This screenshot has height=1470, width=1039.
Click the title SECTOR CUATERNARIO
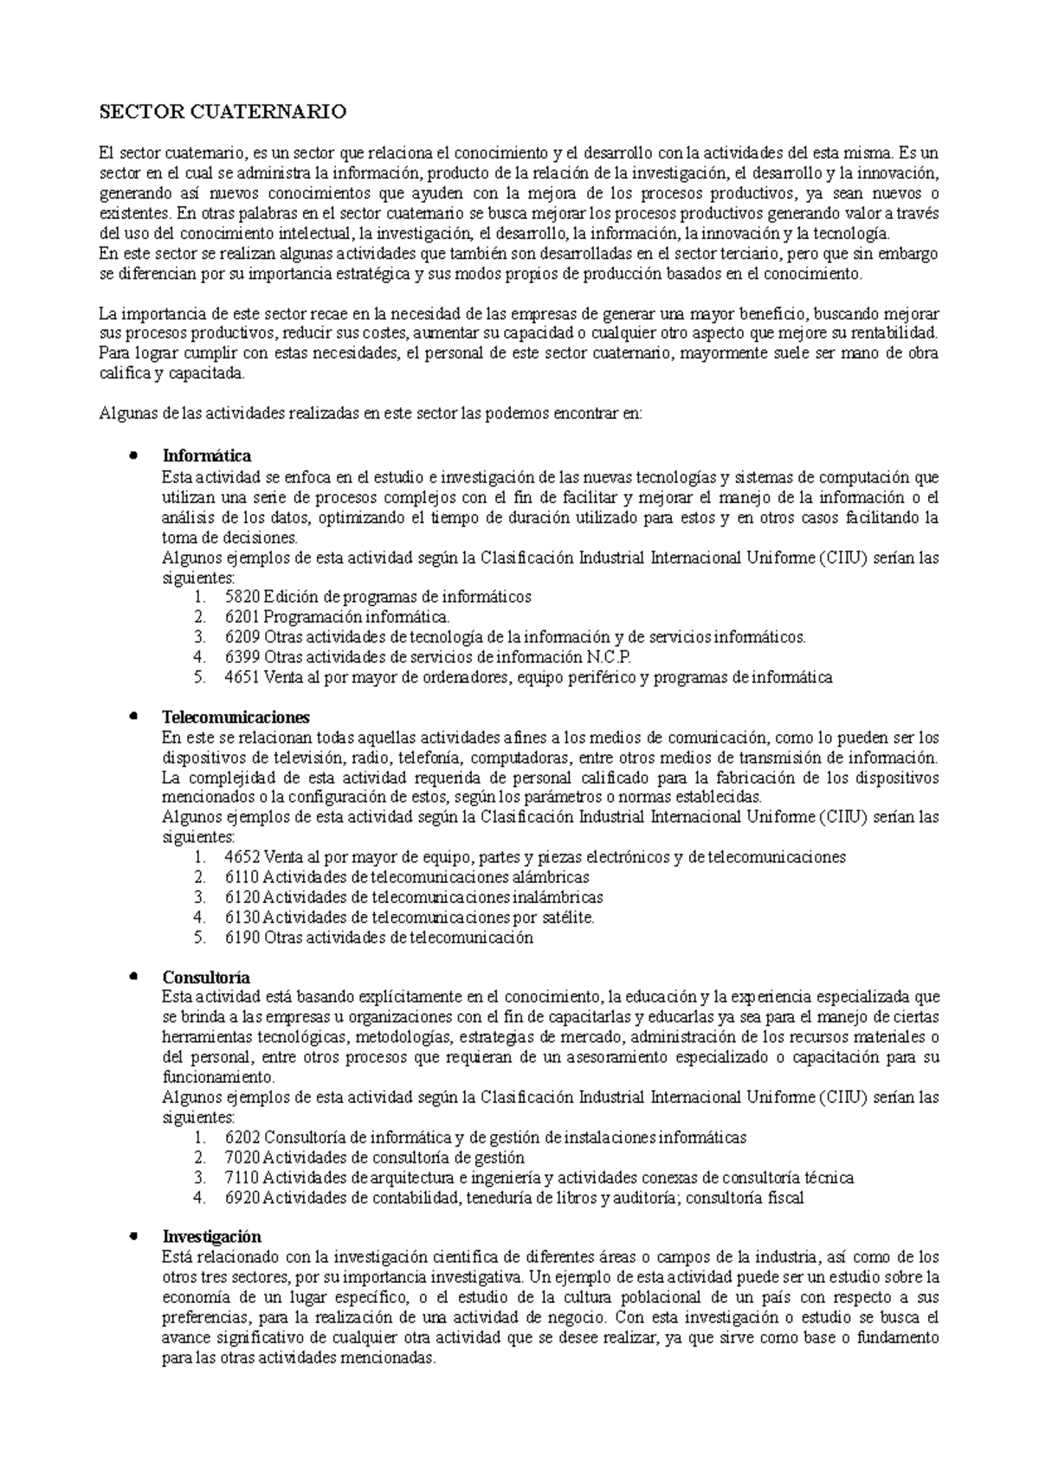click(223, 112)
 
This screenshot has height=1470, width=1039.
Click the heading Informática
click(207, 455)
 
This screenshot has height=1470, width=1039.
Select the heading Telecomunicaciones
click(236, 717)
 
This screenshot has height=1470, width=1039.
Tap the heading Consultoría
click(206, 977)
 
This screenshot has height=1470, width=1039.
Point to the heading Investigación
click(211, 1236)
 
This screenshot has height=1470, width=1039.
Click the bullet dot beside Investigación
click(132, 1235)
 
